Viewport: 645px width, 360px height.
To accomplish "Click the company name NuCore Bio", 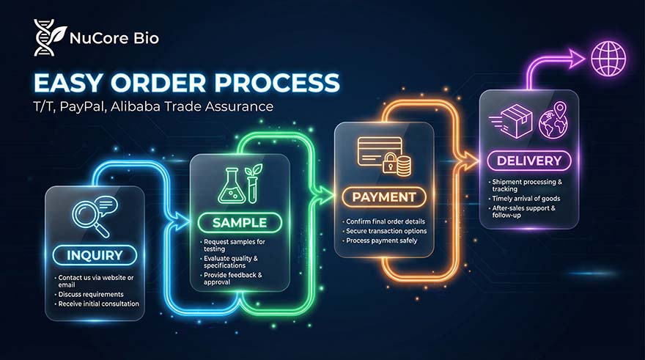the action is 114,38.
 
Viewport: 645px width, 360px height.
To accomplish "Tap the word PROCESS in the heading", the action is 277,83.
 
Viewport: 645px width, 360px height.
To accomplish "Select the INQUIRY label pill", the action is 95,255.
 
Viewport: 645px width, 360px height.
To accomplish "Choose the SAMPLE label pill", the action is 240,223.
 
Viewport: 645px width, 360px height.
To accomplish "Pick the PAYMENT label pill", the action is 384,197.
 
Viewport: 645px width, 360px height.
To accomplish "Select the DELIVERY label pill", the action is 529,161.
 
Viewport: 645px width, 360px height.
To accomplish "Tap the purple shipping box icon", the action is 512,121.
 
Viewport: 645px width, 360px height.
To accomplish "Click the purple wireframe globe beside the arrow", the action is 608,59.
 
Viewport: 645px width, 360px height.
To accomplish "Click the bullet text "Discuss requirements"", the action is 90,294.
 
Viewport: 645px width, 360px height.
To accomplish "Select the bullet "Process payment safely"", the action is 381,240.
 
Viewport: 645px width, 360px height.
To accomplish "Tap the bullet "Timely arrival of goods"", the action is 526,198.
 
